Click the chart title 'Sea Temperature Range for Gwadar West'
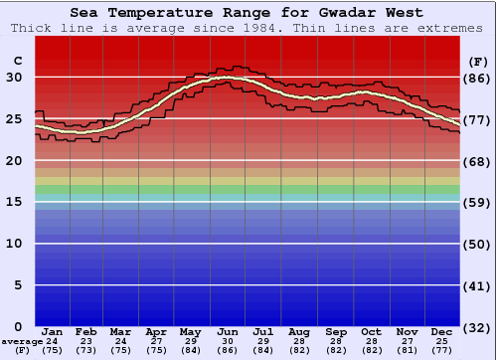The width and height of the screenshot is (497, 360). point(247,13)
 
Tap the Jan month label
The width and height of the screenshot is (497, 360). point(53,332)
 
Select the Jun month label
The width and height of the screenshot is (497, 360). point(229,332)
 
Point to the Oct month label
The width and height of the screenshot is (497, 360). point(371,332)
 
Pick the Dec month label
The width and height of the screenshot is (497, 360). point(442,332)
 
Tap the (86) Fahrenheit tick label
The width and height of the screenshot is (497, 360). point(477,78)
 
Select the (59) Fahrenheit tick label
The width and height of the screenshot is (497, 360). point(477,202)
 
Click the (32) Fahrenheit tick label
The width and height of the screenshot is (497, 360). point(477,326)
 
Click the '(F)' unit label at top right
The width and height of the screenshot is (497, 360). point(477,61)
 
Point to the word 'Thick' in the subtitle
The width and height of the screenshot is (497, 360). point(30,28)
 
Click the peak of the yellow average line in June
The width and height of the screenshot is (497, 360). point(227,77)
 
